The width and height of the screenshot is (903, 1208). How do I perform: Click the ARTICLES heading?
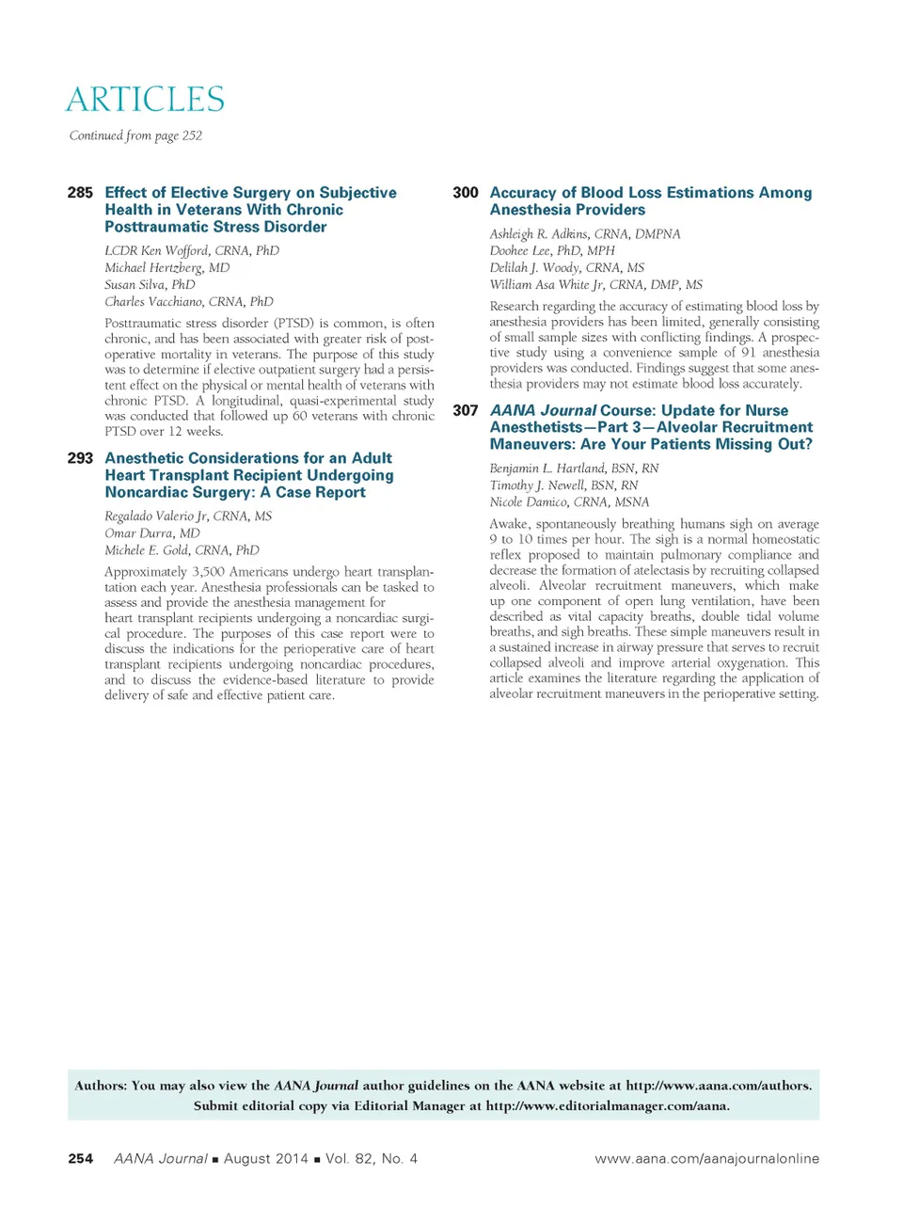(145, 100)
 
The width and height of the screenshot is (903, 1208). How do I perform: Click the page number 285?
(80, 193)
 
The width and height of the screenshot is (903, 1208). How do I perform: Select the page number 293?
(80, 458)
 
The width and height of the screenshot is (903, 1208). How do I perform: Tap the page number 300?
(465, 193)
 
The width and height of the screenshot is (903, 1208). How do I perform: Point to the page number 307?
(465, 411)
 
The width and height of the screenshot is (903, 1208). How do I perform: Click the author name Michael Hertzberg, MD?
(166, 268)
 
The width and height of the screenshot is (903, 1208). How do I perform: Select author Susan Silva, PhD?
(150, 285)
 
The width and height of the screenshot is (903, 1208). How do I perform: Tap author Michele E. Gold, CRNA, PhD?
(182, 550)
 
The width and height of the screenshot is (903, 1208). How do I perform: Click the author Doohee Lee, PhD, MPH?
(551, 251)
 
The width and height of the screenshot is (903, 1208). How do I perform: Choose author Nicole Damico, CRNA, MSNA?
(568, 502)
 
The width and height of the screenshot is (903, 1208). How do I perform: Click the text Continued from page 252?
(135, 135)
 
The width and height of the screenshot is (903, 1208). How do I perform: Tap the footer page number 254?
(80, 1159)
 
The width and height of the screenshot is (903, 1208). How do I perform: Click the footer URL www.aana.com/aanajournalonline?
(706, 1159)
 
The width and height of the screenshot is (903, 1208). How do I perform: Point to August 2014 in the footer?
(265, 1159)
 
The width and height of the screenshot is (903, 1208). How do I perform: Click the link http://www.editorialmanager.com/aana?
(607, 1106)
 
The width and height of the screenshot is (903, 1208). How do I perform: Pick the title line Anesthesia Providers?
(567, 210)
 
